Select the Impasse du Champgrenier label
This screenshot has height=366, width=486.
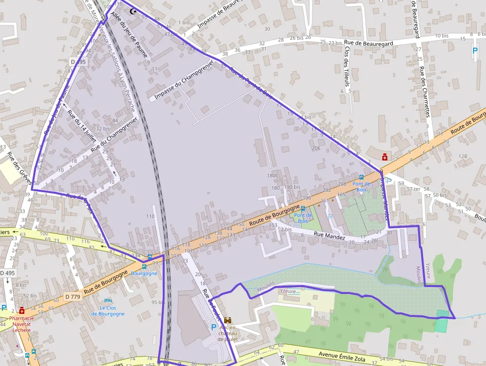(183, 80)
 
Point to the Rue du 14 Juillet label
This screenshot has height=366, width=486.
(82, 125)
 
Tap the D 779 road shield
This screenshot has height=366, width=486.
(72, 297)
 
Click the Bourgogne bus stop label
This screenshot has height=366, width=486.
(144, 274)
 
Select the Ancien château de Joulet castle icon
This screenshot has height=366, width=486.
(228, 321)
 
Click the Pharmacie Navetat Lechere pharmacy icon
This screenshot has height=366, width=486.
(21, 310)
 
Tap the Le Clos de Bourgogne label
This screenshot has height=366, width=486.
(108, 310)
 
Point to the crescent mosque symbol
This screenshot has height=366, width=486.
(132, 11)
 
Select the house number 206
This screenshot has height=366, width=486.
(316, 148)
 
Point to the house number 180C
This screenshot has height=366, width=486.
(273, 175)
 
